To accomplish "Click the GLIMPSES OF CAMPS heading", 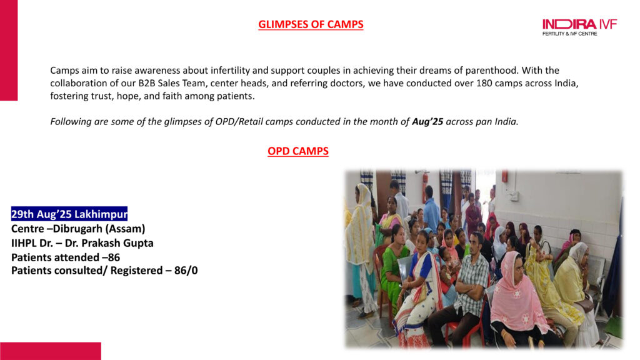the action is tap(311, 24).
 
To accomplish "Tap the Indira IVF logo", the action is tap(579, 27).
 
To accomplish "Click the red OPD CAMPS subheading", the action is tap(298, 151).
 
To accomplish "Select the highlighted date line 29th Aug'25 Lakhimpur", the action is tap(69, 214).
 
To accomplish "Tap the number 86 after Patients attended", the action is tap(114, 257).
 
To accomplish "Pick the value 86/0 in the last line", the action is tap(186, 271).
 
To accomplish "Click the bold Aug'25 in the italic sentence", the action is tap(427, 122).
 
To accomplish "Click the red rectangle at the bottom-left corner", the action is tap(51, 351).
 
